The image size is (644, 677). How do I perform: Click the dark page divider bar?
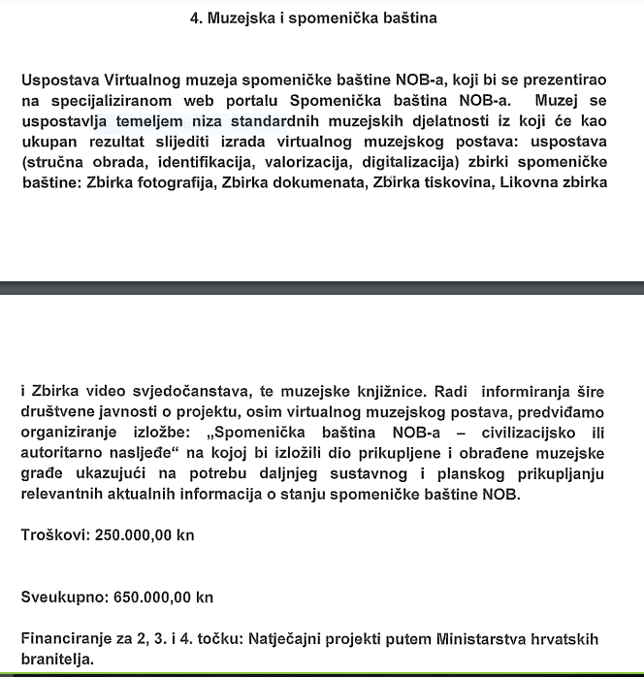tap(322, 288)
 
